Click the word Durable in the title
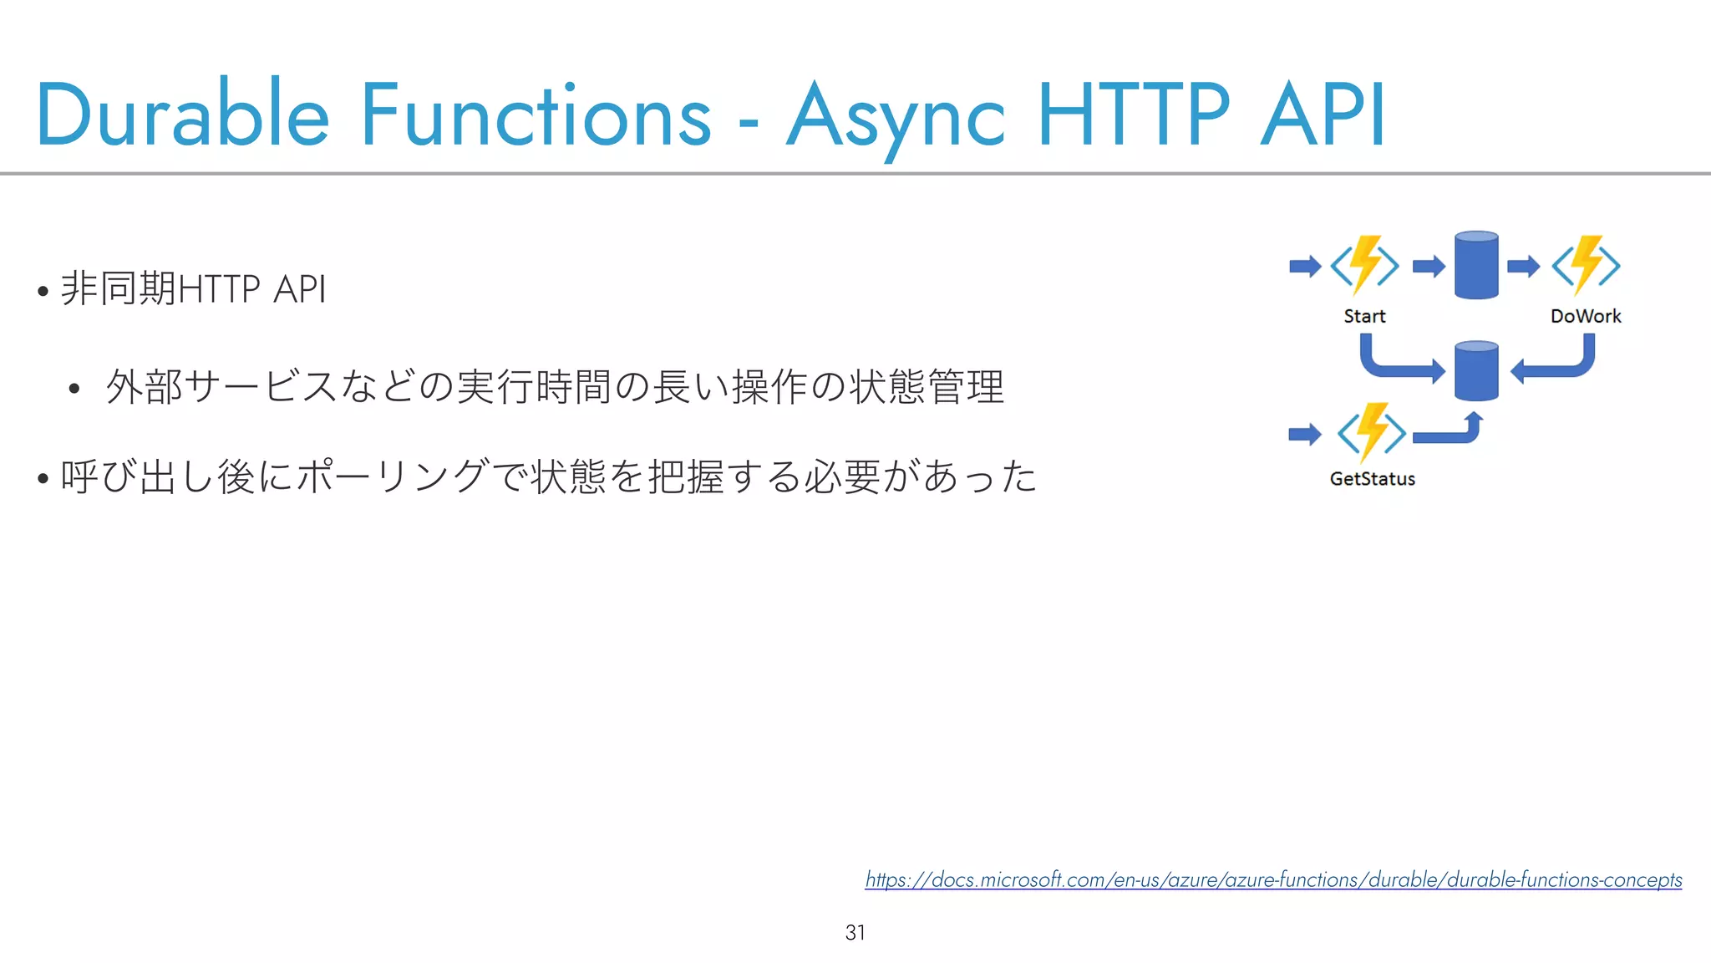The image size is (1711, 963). (182, 115)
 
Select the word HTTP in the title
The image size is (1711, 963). (1134, 115)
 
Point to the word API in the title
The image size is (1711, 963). (1323, 115)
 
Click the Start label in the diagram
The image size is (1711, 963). (1364, 316)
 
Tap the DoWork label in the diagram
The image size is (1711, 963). (1585, 316)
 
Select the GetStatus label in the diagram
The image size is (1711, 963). (1372, 479)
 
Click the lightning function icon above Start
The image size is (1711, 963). (1364, 266)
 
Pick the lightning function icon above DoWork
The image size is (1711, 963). (1586, 266)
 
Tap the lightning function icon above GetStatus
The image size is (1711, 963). (1372, 433)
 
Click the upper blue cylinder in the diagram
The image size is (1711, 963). (1476, 266)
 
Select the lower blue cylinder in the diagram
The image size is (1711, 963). (1476, 371)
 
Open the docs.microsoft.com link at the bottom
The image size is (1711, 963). (1273, 879)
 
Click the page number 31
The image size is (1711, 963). (855, 932)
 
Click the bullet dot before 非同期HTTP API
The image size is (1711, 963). (43, 292)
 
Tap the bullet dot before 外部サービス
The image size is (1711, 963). (74, 389)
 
